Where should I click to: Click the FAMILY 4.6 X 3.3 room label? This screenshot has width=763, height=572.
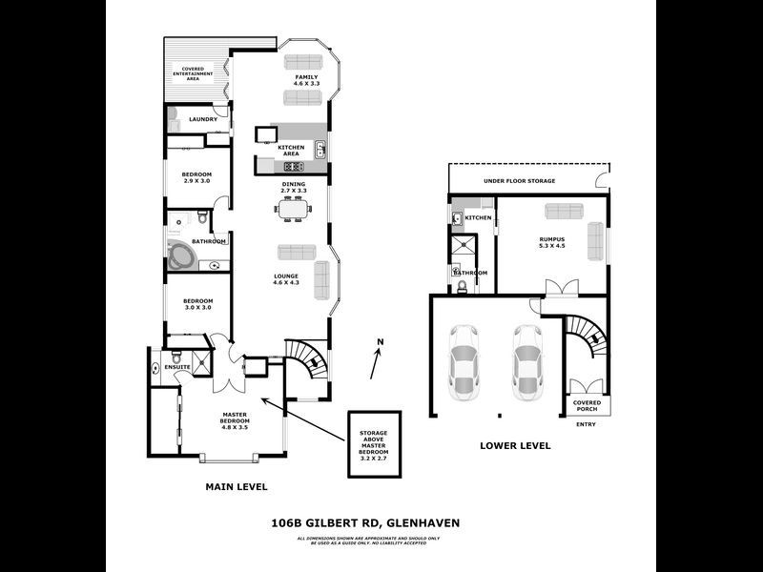(x=305, y=81)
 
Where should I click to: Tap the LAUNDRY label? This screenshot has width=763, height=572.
(x=202, y=119)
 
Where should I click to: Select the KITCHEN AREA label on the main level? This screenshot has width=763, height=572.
(x=290, y=151)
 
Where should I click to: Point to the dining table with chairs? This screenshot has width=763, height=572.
(x=294, y=211)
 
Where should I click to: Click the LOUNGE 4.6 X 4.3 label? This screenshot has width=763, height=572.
(x=286, y=279)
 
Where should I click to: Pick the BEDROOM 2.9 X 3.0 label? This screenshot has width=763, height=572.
(x=197, y=177)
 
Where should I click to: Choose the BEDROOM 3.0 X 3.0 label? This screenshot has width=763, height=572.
(x=197, y=304)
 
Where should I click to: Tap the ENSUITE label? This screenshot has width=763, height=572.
(x=177, y=365)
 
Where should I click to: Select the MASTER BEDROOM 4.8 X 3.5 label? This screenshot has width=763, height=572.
(x=235, y=421)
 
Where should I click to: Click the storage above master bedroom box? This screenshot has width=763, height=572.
(x=373, y=444)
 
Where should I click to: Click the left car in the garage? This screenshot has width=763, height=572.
(x=464, y=362)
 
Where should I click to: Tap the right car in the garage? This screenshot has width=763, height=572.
(x=526, y=362)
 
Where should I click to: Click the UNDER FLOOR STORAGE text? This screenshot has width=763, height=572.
(x=519, y=180)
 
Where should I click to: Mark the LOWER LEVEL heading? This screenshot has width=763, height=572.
(x=514, y=445)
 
